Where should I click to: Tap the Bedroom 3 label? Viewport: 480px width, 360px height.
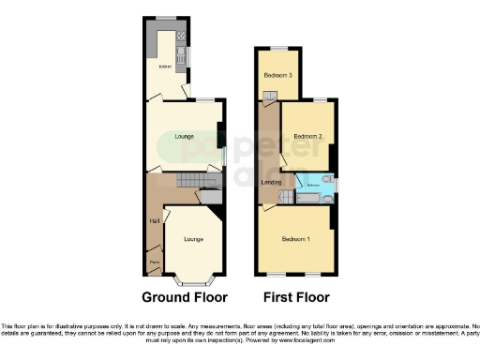277,75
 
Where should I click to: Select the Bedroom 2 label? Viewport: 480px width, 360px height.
307,137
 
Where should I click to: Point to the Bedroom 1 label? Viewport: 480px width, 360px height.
296,238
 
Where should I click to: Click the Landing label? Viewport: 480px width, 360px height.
271,181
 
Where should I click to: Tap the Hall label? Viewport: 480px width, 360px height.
153,221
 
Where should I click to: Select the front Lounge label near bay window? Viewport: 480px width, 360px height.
193,239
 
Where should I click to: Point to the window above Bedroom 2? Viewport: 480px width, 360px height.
319,99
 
